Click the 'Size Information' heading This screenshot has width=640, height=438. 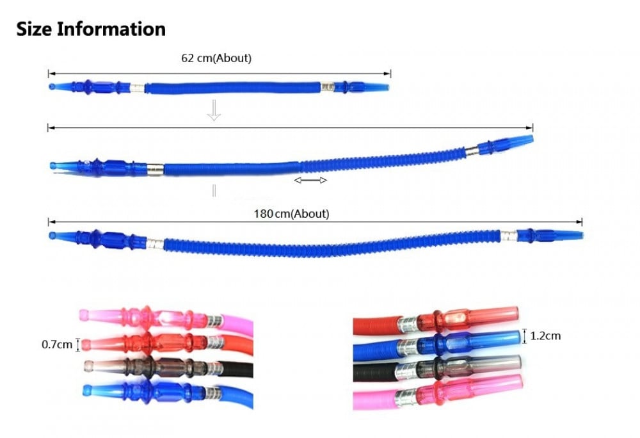pos(91,29)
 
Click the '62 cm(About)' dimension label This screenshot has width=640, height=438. pos(216,58)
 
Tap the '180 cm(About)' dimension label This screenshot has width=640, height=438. pos(291,213)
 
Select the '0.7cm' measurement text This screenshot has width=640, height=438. pos(57,345)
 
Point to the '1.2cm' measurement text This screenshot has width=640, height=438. pos(545,336)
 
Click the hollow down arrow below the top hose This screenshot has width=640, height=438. pos(214,111)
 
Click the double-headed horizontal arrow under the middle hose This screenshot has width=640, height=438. pos(310,180)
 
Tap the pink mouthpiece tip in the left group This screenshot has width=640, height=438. pos(84,315)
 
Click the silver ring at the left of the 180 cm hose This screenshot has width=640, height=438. pos(155,244)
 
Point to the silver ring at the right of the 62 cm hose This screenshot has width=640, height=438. pos(327,86)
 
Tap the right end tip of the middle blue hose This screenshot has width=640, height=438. pos(531,139)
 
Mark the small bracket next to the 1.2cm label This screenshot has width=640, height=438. pos(525,336)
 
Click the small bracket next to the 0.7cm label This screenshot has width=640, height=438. pos(77,345)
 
